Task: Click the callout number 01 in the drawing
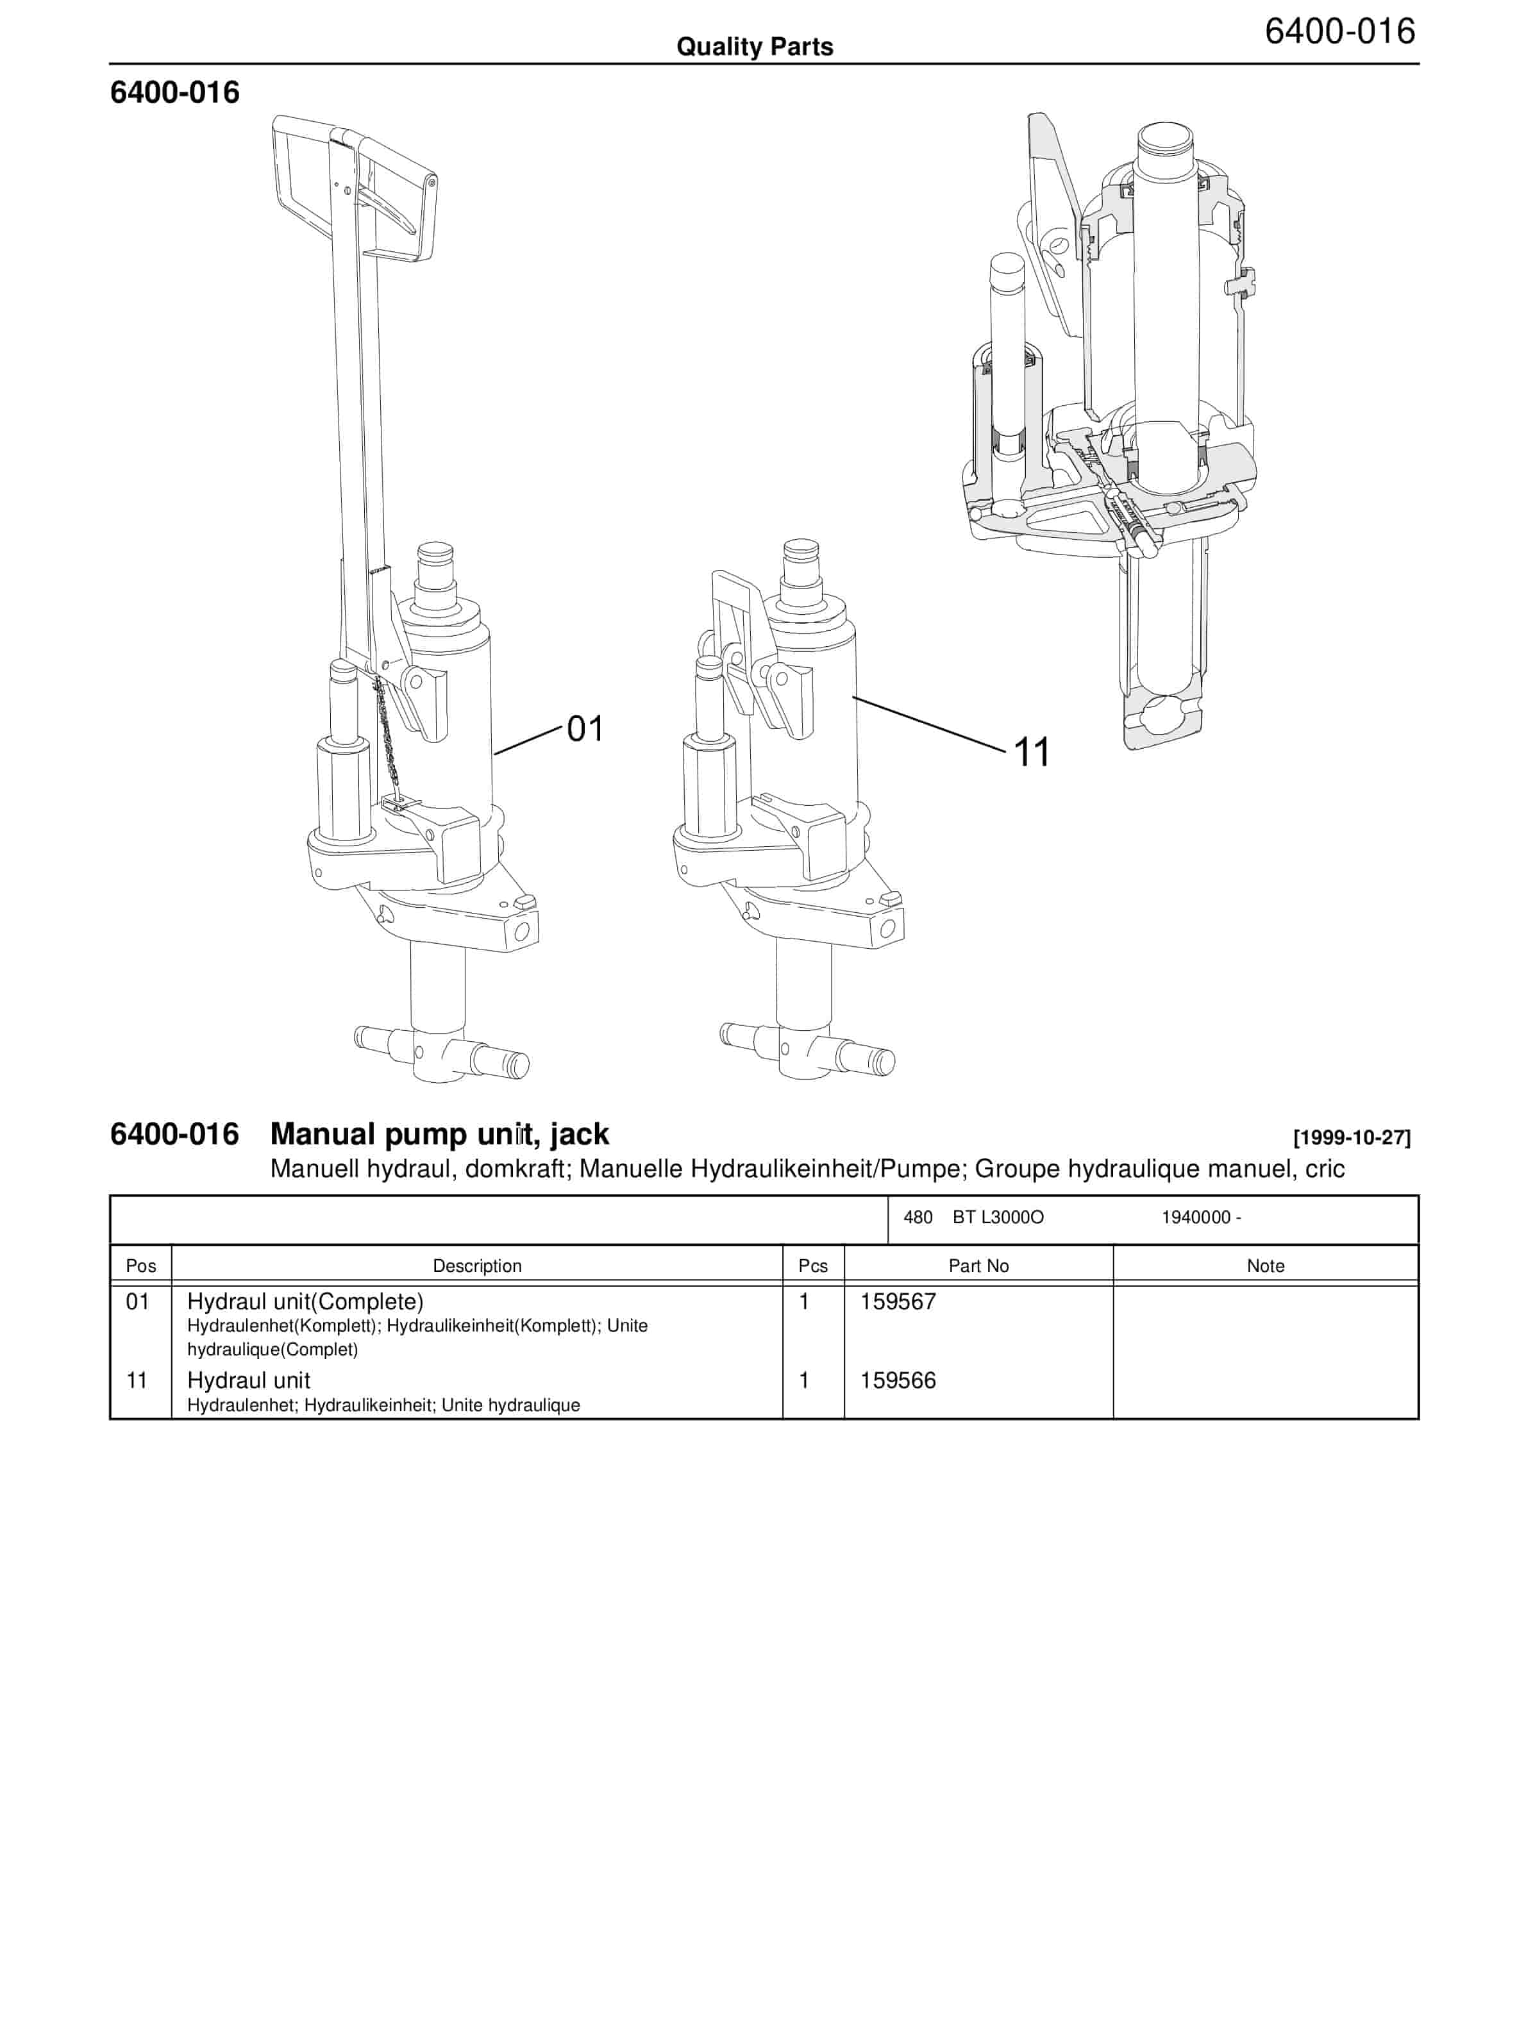(x=585, y=729)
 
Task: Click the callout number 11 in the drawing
(x=1031, y=752)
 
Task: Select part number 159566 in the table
(x=897, y=1380)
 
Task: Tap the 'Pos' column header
(x=140, y=1266)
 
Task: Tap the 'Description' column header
(x=476, y=1266)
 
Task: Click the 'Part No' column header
(x=978, y=1266)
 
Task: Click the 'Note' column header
(x=1265, y=1266)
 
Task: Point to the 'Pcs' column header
(x=812, y=1266)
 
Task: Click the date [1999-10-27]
(x=1350, y=1137)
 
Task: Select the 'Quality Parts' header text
(x=755, y=47)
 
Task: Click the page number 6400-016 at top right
(x=1339, y=31)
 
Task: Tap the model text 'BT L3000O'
(x=998, y=1217)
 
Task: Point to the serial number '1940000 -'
(x=1201, y=1217)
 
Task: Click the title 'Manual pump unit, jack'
(x=439, y=1134)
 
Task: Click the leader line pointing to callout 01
(x=527, y=741)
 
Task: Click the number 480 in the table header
(x=918, y=1217)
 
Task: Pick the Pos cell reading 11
(x=137, y=1380)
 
